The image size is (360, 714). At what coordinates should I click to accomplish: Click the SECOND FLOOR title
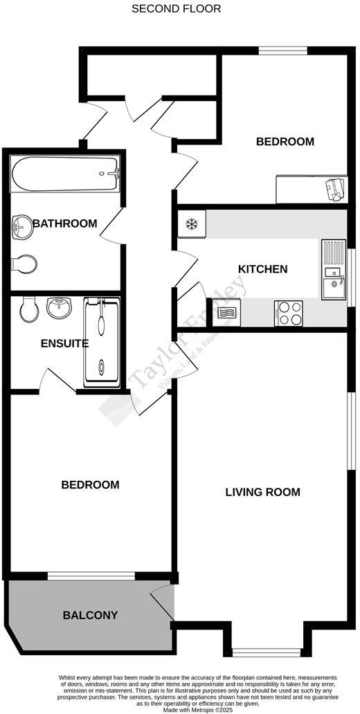click(177, 9)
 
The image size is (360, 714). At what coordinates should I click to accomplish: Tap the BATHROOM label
click(64, 223)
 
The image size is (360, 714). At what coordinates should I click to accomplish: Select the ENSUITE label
click(64, 343)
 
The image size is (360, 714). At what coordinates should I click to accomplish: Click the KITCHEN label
click(262, 268)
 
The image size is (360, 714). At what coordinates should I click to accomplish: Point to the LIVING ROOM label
click(262, 492)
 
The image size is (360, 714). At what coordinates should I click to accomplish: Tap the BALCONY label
click(90, 615)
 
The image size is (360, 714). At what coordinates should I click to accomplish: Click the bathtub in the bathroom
click(66, 176)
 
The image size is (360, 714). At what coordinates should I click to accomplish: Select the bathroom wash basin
click(21, 226)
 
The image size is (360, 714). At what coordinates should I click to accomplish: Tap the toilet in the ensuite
click(30, 309)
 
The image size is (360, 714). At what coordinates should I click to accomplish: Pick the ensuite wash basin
click(60, 307)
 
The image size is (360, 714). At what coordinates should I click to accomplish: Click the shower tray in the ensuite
click(102, 342)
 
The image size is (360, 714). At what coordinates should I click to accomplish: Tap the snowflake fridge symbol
click(191, 224)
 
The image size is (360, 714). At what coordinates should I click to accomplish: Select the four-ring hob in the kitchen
click(288, 313)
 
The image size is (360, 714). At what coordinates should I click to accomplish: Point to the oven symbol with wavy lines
click(227, 313)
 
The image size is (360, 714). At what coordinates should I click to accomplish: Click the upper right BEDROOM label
click(285, 142)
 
